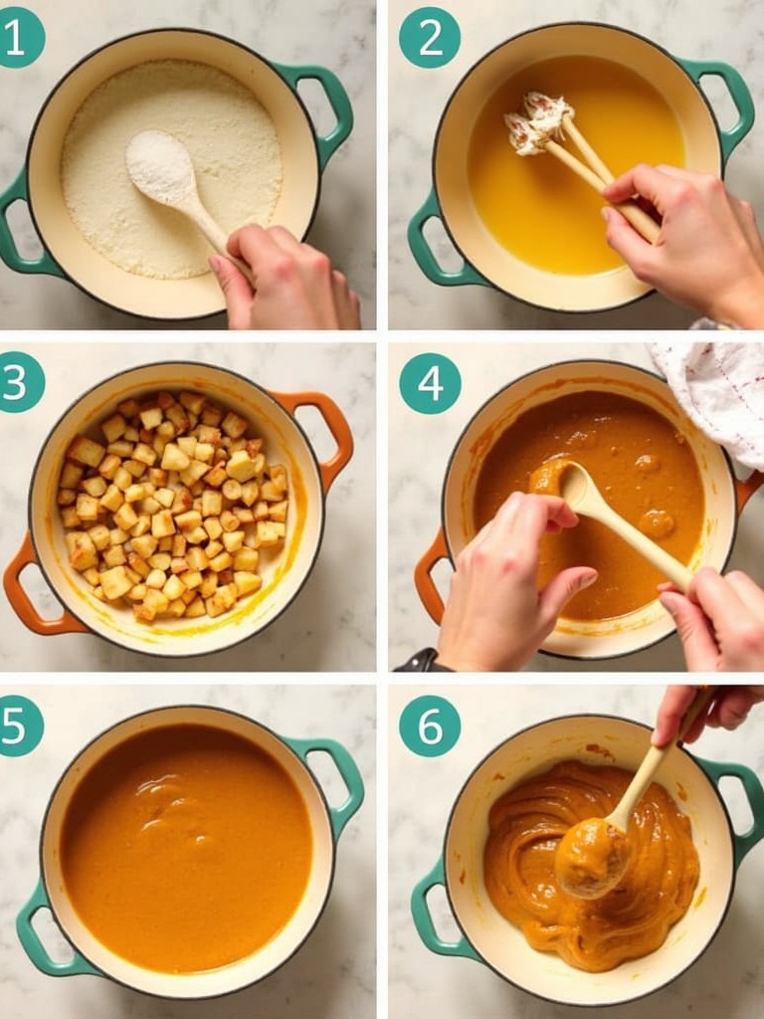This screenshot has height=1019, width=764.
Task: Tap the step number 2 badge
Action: tap(430, 38)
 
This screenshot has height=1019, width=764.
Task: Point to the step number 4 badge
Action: tap(430, 383)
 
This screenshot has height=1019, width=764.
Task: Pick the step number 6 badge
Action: tap(430, 725)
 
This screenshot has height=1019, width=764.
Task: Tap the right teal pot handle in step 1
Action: tap(321, 110)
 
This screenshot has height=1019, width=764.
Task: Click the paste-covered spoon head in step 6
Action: tap(592, 858)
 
